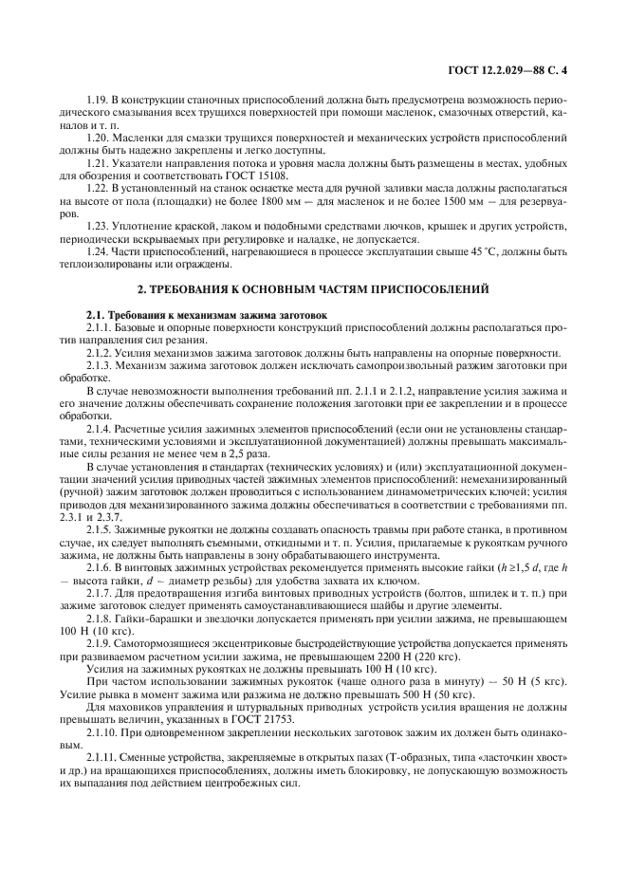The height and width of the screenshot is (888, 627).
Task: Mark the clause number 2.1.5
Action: click(x=100, y=527)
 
